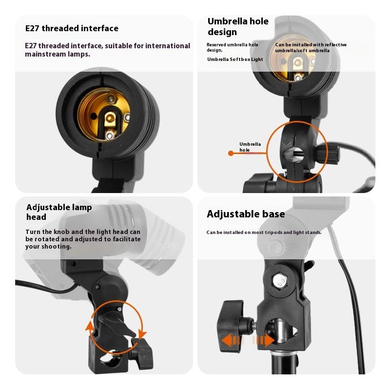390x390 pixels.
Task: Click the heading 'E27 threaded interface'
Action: (x=72, y=29)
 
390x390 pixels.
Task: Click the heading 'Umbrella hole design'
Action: (x=238, y=27)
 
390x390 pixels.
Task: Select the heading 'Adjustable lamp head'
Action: (x=59, y=212)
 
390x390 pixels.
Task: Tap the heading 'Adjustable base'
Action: (x=246, y=214)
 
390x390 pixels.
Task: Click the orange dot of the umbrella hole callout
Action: (x=231, y=153)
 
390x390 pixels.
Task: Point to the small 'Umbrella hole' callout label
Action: (x=250, y=147)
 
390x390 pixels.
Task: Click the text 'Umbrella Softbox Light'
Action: (x=234, y=59)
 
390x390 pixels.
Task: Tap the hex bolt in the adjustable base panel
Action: (x=280, y=281)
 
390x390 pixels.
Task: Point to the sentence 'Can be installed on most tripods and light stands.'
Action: (x=264, y=232)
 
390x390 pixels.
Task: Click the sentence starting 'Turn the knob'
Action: (x=83, y=239)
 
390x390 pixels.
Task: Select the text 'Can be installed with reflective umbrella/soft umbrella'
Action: (x=311, y=47)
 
